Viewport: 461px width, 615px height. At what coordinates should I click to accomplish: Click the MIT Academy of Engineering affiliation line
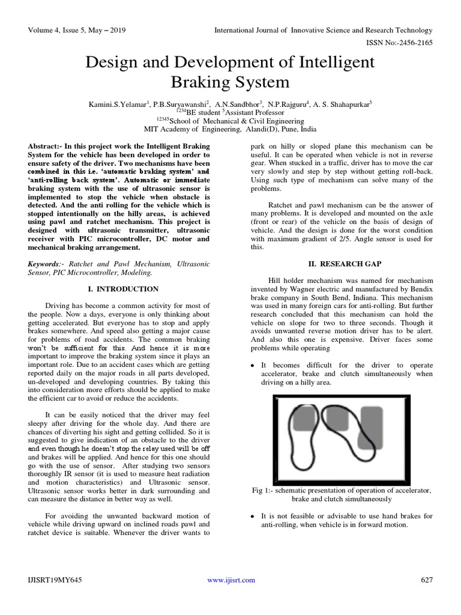[230, 129]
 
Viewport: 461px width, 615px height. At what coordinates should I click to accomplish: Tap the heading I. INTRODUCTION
[119, 289]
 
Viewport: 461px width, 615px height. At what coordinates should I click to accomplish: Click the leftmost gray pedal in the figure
[305, 420]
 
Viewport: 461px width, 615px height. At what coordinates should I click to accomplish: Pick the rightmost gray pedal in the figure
[371, 428]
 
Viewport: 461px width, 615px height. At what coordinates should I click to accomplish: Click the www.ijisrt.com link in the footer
[230, 580]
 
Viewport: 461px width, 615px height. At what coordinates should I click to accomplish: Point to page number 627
[426, 580]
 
